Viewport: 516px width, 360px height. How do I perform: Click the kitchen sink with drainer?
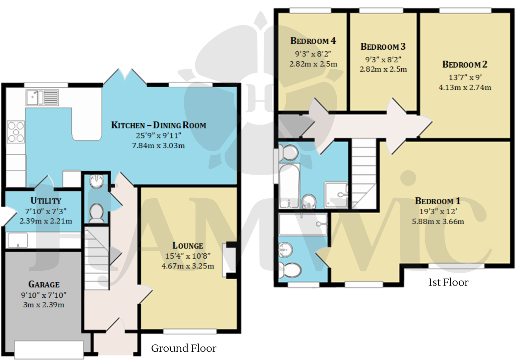tap(42, 98)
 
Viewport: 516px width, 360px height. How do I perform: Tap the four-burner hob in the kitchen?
tap(16, 132)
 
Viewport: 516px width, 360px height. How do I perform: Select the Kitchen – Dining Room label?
tap(158, 125)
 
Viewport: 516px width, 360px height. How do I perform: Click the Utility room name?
tap(46, 201)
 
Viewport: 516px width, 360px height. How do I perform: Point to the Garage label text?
tap(44, 284)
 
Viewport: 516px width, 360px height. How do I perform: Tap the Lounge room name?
tap(188, 246)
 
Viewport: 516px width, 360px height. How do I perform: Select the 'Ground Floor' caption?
tap(184, 348)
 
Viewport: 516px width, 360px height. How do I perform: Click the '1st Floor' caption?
tap(448, 282)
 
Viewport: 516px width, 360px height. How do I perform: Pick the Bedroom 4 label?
tap(313, 41)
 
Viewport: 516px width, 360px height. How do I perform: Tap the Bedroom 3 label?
tap(383, 47)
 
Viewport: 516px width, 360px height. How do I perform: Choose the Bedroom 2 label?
tap(465, 64)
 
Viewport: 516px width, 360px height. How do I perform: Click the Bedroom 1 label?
tap(437, 201)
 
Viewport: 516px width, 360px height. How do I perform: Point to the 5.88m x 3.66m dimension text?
tap(438, 222)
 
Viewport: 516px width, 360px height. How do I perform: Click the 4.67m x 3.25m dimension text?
tap(188, 266)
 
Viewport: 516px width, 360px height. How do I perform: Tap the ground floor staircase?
tap(96, 258)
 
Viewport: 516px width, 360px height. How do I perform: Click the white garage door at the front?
tap(49, 349)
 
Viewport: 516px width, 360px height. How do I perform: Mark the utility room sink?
tap(18, 240)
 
